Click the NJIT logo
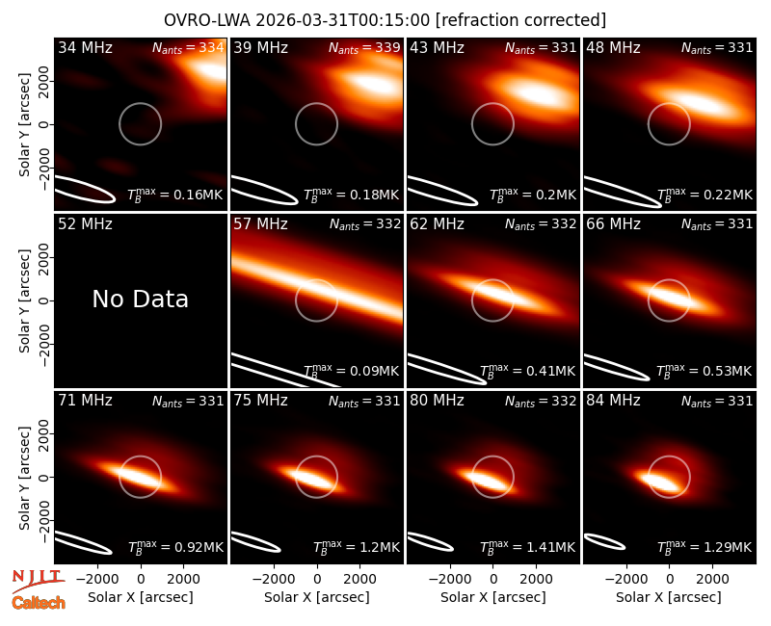click(38, 581)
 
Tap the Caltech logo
click(39, 603)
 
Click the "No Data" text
click(140, 299)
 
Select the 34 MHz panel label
click(85, 47)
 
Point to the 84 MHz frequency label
click(613, 401)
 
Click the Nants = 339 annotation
click(364, 47)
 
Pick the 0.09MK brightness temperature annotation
click(351, 371)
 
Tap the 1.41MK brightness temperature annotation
click(527, 547)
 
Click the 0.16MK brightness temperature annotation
click(175, 195)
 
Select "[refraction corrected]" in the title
click(520, 20)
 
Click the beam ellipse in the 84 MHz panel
click(604, 541)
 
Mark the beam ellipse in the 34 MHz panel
click(85, 189)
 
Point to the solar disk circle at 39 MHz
click(317, 103)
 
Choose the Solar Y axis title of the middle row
click(24, 300)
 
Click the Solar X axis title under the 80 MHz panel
click(493, 597)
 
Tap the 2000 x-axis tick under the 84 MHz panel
click(712, 579)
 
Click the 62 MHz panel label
click(438, 224)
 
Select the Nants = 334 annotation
click(188, 47)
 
